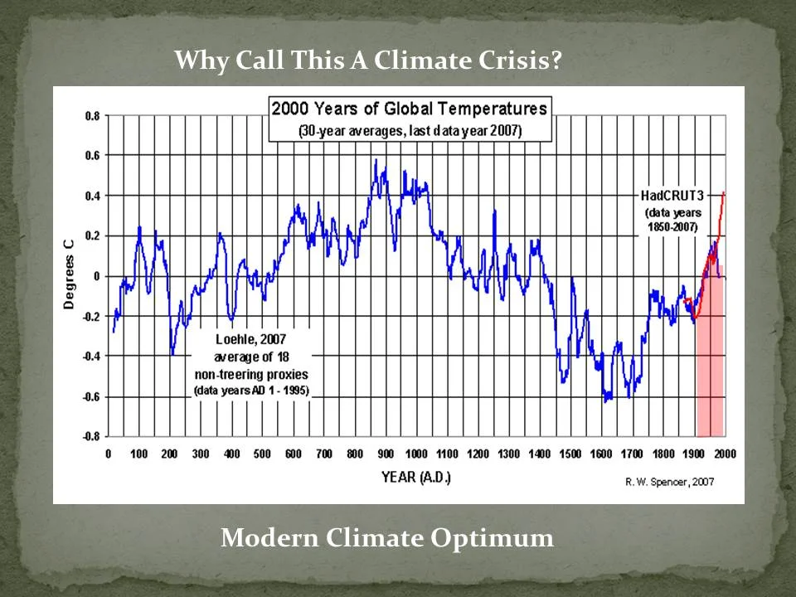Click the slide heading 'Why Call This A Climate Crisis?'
pos(368,61)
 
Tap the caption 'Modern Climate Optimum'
pos(387,538)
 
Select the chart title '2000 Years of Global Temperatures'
pos(410,108)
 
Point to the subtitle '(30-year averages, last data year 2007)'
pos(410,131)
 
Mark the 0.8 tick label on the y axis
pos(91,116)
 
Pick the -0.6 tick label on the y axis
pos(90,396)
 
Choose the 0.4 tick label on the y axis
pos(91,196)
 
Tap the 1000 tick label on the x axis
pos(416,454)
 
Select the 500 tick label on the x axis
pos(262,454)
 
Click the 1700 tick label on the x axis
pos(632,454)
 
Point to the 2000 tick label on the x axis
pos(725,454)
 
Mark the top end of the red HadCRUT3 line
pos(724,192)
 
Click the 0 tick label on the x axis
pos(109,454)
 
